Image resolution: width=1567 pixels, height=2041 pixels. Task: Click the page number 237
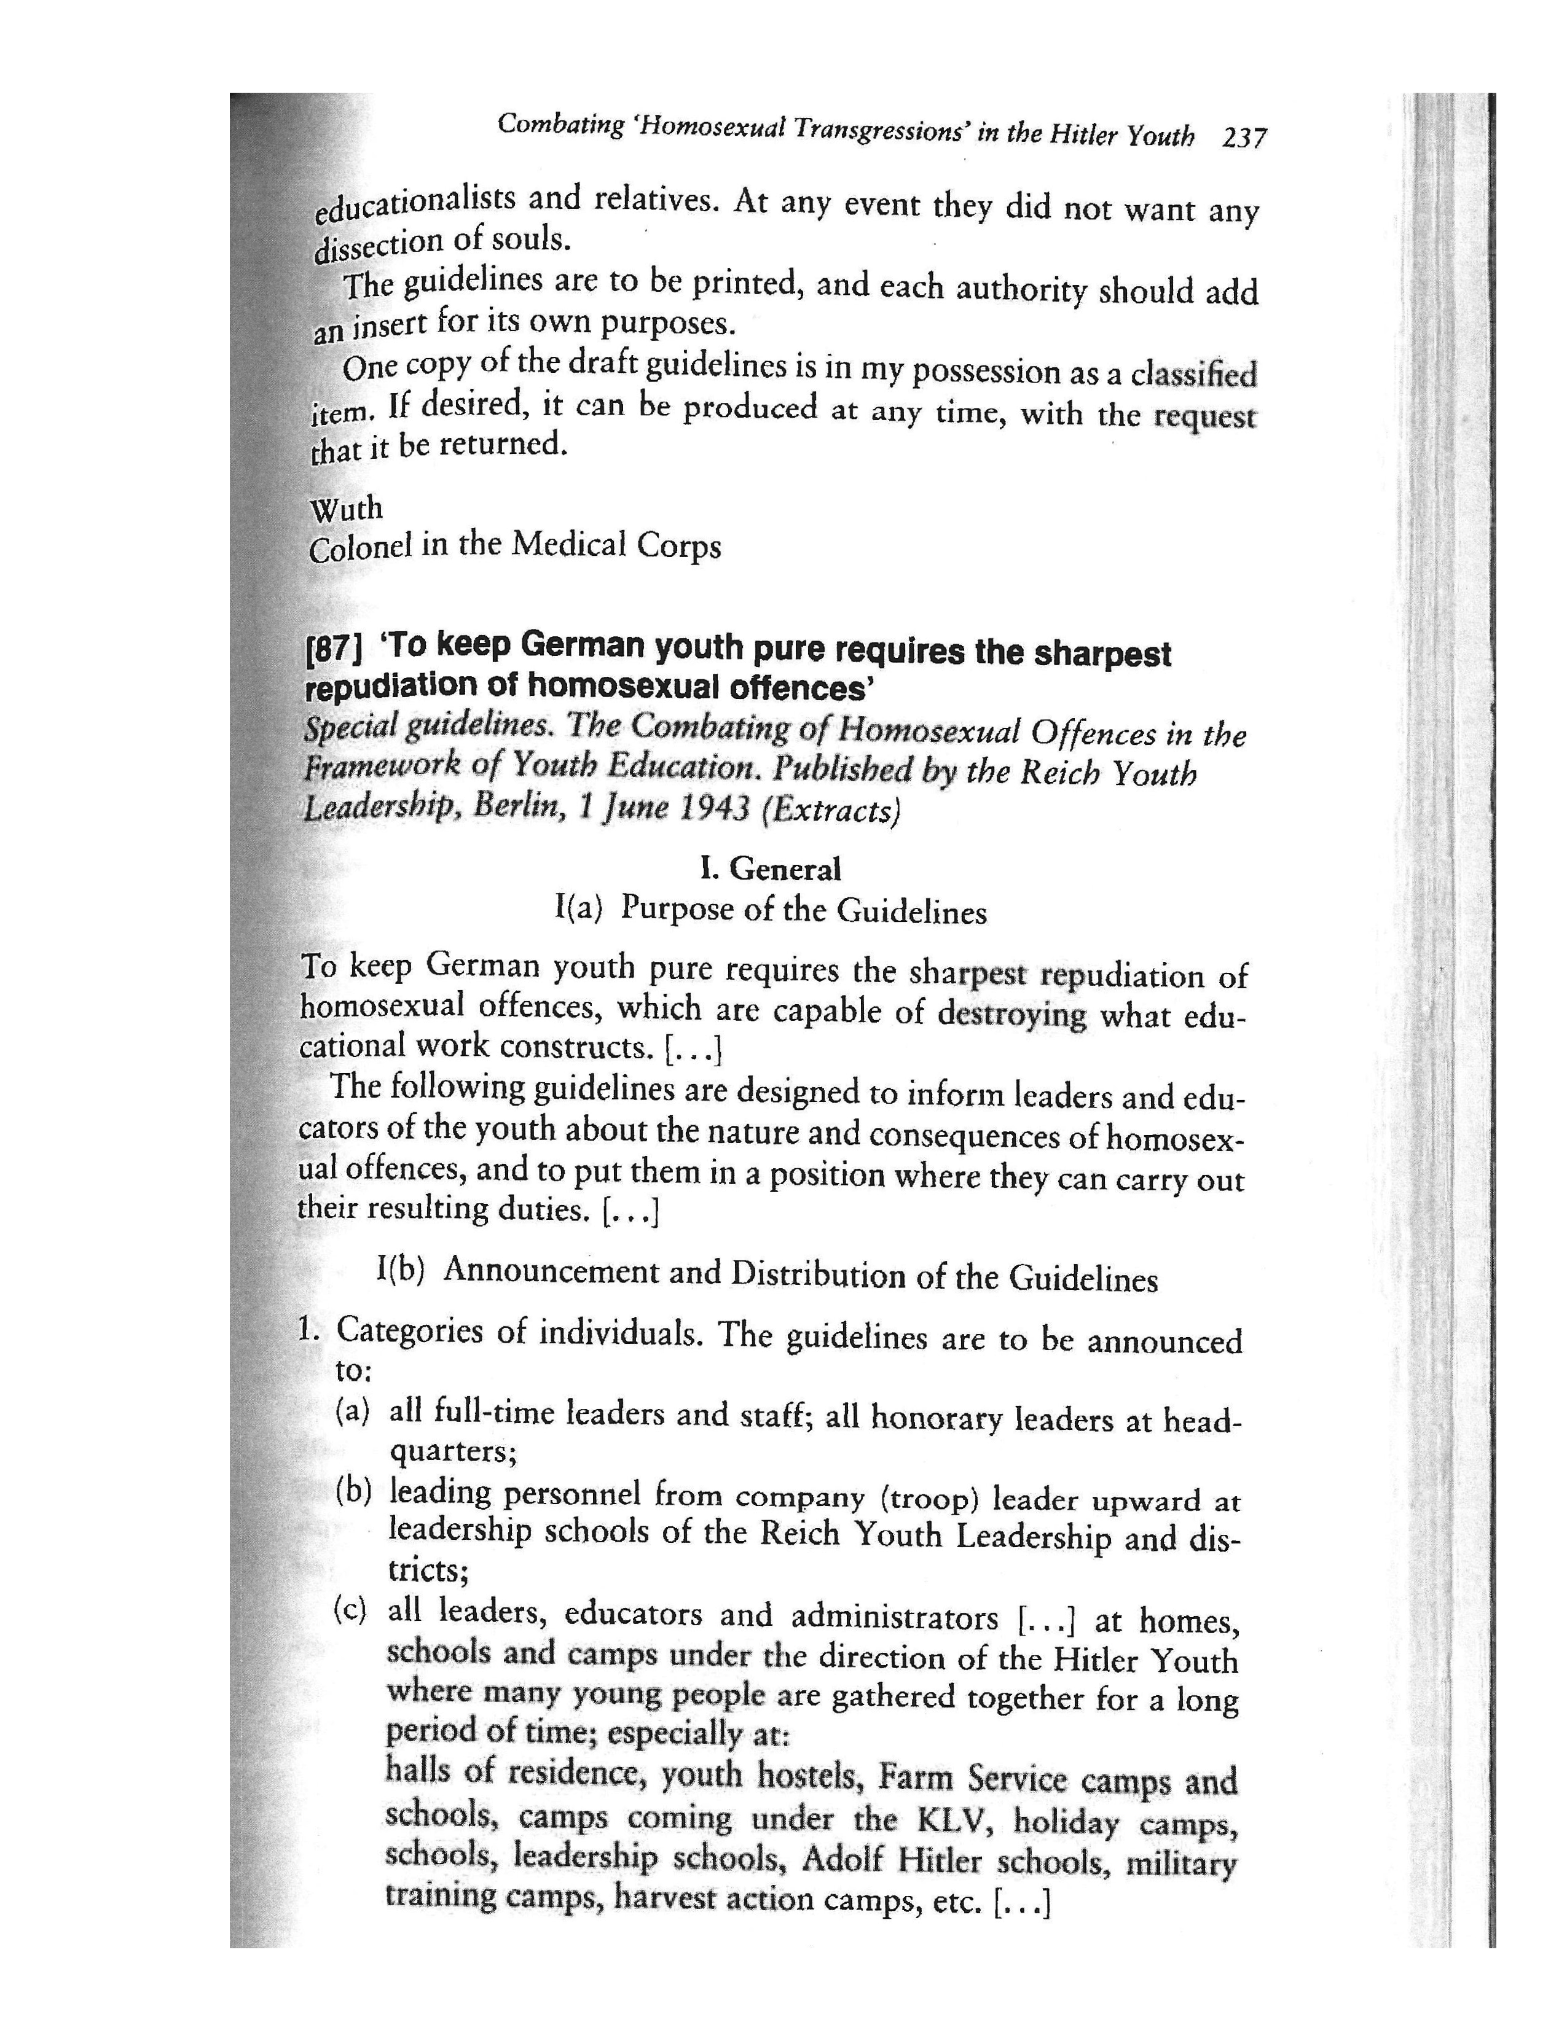(1244, 138)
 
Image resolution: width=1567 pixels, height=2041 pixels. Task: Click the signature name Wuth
(346, 509)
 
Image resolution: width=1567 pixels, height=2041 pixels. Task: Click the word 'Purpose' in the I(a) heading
(677, 908)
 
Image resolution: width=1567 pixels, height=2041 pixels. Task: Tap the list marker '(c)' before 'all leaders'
(351, 1610)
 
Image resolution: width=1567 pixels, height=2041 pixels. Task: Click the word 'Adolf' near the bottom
(842, 1859)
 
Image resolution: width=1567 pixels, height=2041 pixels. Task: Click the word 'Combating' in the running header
(560, 125)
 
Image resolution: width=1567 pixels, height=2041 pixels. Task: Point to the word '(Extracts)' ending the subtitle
(831, 810)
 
